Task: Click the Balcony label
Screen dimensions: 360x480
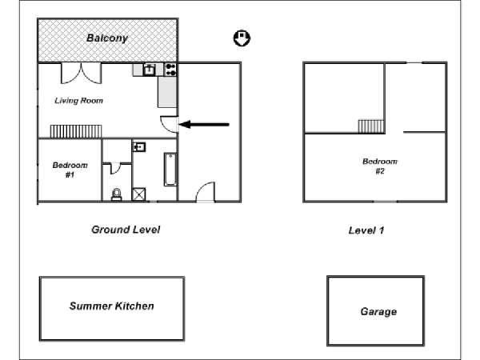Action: pos(107,38)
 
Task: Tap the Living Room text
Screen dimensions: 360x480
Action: pos(79,101)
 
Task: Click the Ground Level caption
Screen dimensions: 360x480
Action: pos(126,230)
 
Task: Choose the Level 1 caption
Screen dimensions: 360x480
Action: pos(366,230)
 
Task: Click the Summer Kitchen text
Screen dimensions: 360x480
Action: pos(111,306)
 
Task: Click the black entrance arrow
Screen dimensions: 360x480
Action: pos(204,124)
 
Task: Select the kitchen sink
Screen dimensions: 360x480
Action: pos(149,70)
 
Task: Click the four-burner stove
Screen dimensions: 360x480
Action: pos(170,70)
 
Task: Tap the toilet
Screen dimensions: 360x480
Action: pos(118,193)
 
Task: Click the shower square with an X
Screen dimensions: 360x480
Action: pos(139,193)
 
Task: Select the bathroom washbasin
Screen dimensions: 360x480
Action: pos(139,147)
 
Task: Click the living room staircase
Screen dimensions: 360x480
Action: pos(77,131)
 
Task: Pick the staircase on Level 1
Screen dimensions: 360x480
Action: pos(371,126)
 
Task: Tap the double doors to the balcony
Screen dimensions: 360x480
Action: pos(82,72)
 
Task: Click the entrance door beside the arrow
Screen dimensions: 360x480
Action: pos(170,125)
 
